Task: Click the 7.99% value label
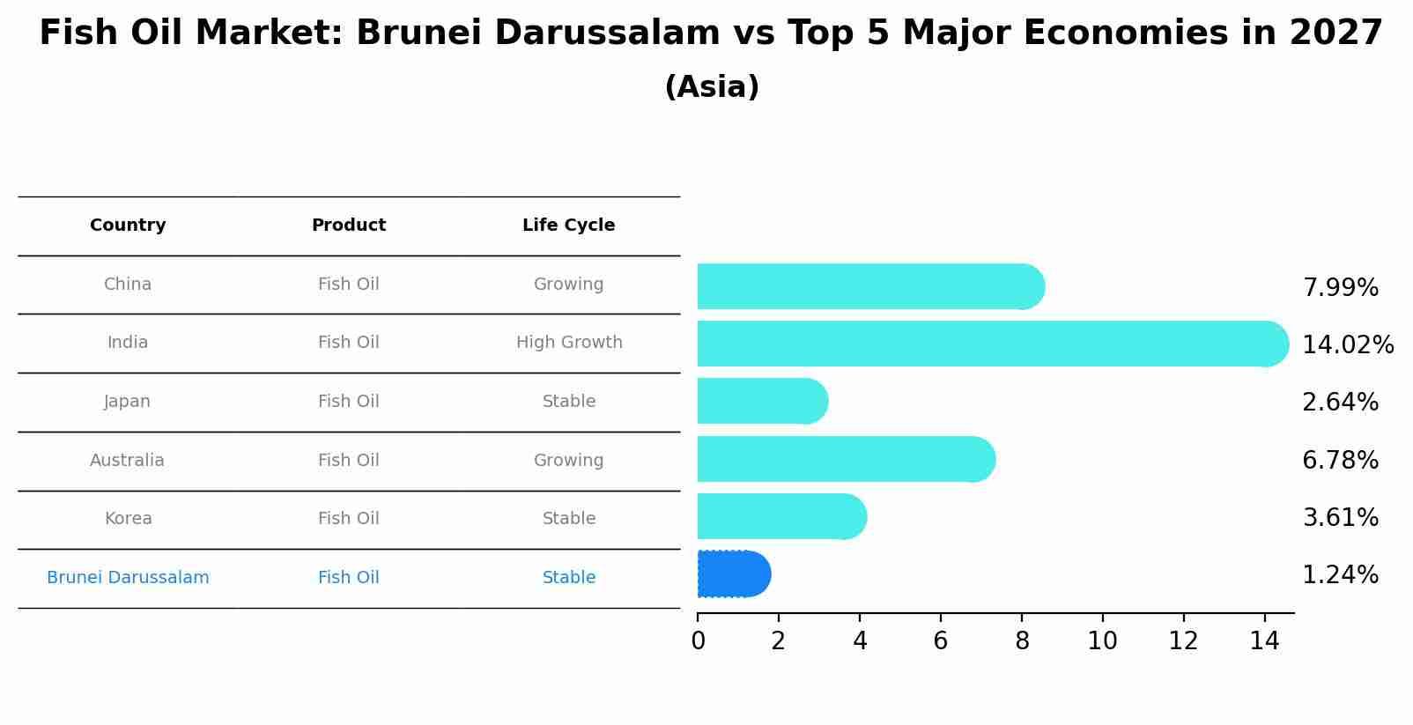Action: (x=1340, y=288)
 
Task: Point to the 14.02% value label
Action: (x=1347, y=345)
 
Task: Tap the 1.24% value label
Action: (x=1340, y=575)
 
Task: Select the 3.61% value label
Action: (x=1340, y=518)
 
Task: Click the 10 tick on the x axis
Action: (x=1102, y=641)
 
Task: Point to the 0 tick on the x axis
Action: (x=698, y=641)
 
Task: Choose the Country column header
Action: (x=128, y=226)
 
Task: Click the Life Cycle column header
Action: (x=568, y=226)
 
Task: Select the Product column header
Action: (x=349, y=226)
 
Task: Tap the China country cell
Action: (x=128, y=285)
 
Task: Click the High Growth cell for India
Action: (x=569, y=343)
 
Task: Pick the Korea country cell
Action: (x=128, y=519)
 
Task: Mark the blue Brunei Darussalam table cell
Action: (x=128, y=578)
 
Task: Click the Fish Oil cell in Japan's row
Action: (x=349, y=402)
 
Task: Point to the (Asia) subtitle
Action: (x=712, y=87)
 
